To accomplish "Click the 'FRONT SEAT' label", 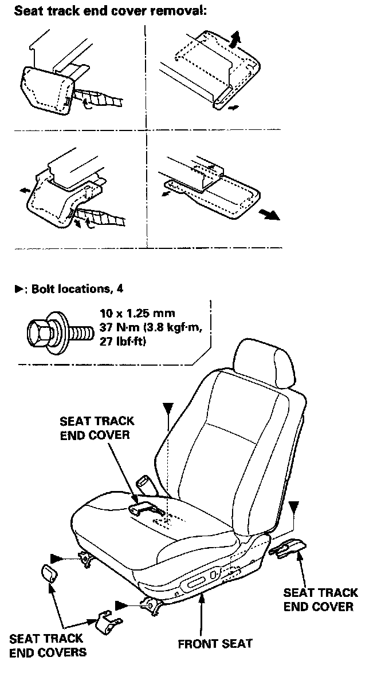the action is point(215,643).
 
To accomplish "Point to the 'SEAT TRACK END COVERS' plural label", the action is point(48,645).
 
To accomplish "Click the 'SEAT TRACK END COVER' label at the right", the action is point(320,600).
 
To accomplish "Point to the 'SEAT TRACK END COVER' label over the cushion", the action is point(97,427).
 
